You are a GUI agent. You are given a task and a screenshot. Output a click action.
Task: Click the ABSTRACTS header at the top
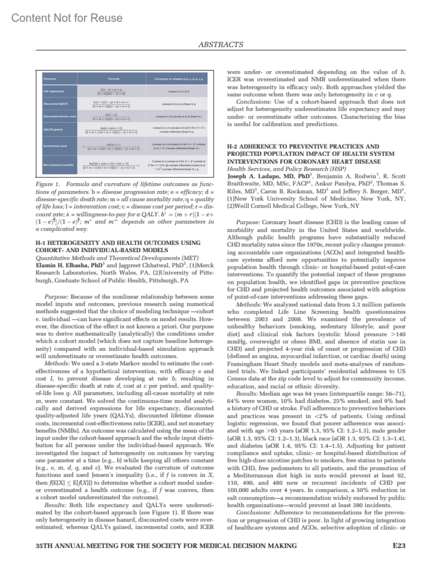[x=220, y=45]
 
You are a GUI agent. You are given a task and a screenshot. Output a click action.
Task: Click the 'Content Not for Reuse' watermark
[x=67, y=18]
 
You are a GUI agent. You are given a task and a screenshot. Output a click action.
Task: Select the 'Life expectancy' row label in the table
[x=54, y=91]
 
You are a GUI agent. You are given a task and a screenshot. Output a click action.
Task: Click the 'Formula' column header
[x=112, y=79]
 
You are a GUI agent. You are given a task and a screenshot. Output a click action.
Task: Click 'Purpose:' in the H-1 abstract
[x=56, y=297]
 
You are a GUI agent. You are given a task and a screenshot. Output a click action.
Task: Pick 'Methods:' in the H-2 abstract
[x=248, y=304]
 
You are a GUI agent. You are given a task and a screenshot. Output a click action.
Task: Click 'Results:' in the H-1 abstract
[x=55, y=505]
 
